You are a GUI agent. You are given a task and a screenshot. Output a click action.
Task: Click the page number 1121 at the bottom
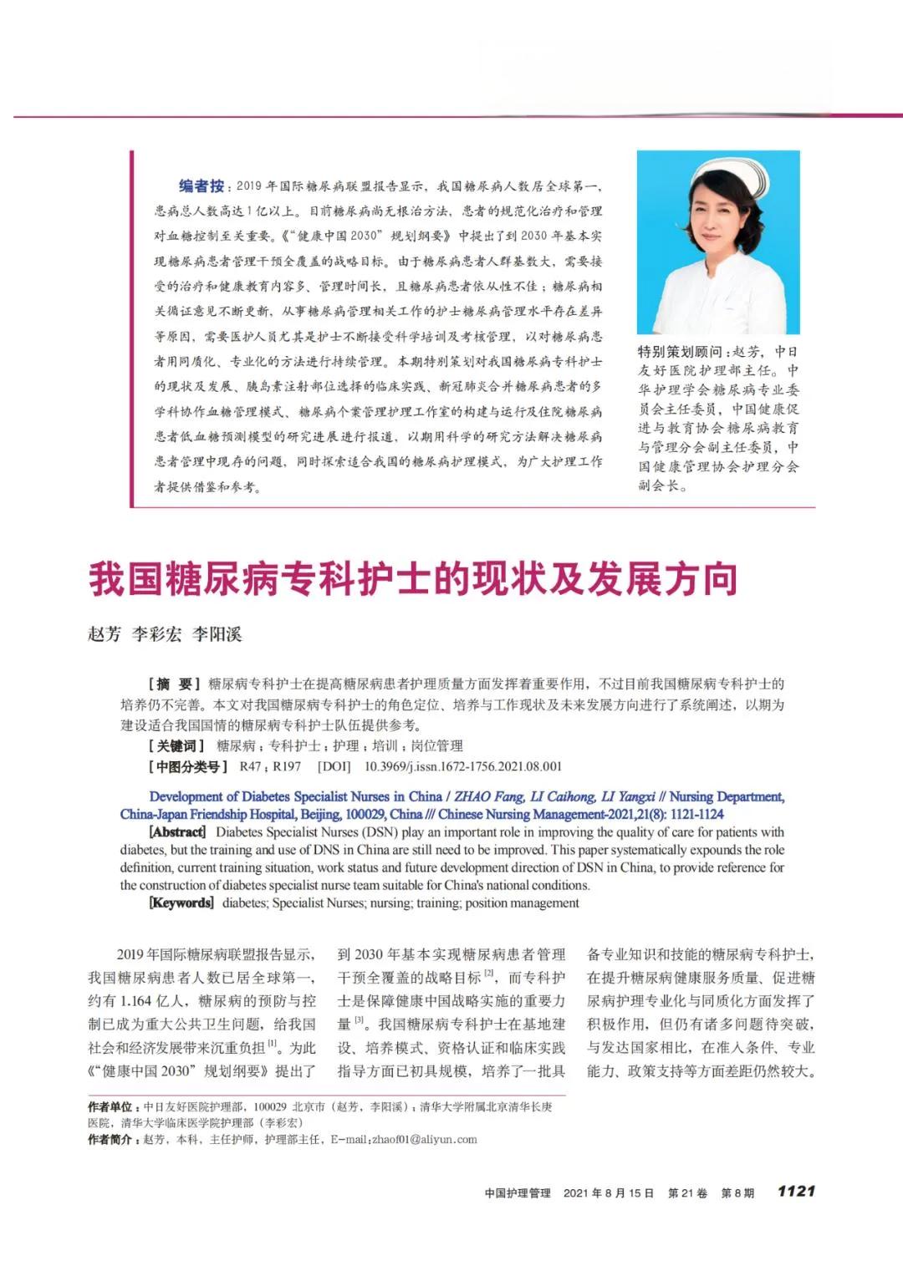click(x=795, y=1191)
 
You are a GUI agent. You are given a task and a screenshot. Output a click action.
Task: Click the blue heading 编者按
click(x=202, y=186)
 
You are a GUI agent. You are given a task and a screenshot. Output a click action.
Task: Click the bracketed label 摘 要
click(x=175, y=684)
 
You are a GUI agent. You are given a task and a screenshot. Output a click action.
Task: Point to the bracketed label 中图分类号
click(x=188, y=766)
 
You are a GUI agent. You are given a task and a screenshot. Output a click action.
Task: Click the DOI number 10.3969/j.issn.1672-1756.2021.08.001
click(x=463, y=766)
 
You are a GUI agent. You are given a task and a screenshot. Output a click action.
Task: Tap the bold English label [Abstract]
click(x=177, y=832)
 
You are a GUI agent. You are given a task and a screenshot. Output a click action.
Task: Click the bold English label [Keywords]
click(x=181, y=902)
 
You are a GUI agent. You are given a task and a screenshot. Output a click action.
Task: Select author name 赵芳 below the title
click(x=105, y=634)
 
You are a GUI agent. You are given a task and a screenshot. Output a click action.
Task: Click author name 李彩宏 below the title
click(x=157, y=634)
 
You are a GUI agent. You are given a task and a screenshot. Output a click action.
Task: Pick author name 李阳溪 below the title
click(x=217, y=634)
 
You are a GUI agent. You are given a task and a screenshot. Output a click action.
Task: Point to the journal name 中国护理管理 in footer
click(x=518, y=1193)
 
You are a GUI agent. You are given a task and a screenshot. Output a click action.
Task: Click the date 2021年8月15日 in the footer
click(x=609, y=1193)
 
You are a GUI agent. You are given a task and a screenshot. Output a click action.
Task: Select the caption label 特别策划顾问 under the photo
click(x=680, y=352)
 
